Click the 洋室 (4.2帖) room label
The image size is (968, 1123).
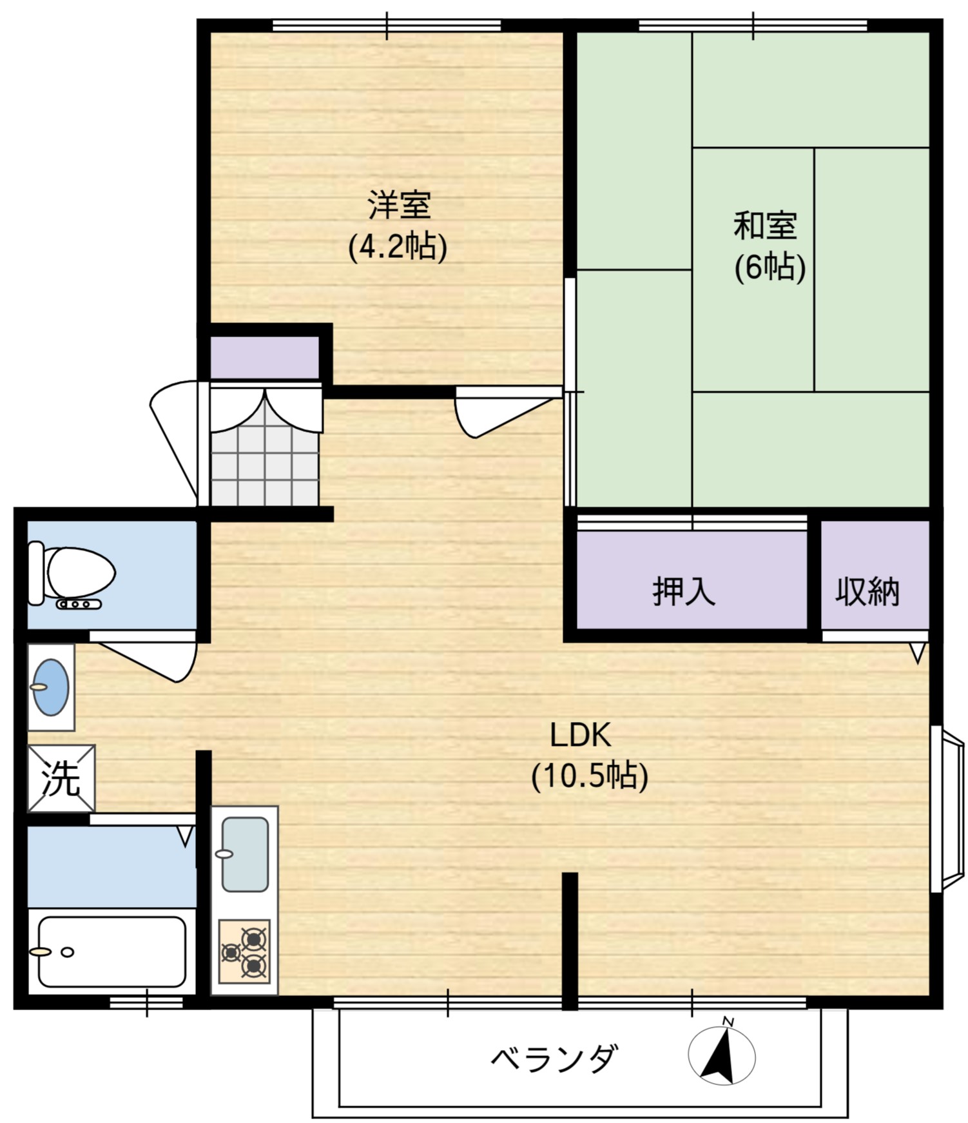point(398,225)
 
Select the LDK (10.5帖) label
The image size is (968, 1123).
point(588,755)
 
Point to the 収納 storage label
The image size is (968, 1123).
point(867,591)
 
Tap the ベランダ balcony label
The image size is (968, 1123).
point(554,1059)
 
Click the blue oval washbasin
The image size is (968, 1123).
point(51,687)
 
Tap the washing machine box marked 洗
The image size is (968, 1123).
point(61,779)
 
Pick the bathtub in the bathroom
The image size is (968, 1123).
point(111,952)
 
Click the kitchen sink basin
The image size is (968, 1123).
point(245,854)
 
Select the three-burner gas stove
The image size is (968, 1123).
point(245,952)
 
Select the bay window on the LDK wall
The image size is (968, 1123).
point(947,809)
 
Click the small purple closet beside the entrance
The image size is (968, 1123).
point(265,358)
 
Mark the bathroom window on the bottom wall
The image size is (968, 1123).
point(146,1002)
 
